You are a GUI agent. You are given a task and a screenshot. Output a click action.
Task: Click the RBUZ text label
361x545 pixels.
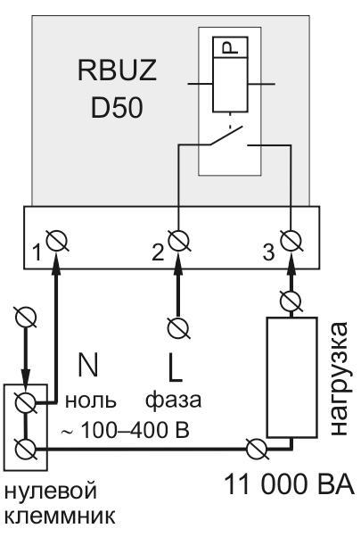pos(117,70)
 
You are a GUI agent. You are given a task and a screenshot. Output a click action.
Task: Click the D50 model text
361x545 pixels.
pos(117,107)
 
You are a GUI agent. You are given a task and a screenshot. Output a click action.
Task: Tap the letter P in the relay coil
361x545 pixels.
pos(230,47)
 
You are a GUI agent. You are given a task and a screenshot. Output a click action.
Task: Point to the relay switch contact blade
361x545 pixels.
pos(226,135)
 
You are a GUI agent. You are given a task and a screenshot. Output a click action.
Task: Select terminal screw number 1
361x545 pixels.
pos(57,241)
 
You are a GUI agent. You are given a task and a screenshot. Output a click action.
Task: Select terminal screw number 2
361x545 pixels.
pos(179,241)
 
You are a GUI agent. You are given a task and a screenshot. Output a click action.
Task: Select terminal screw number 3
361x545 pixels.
pos(291,241)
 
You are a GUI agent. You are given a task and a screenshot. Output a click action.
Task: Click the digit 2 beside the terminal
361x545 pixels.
pos(158,252)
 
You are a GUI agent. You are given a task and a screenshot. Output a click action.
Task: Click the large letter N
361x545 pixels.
pos(88,364)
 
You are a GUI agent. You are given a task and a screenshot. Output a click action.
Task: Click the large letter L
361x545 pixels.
pos(175,367)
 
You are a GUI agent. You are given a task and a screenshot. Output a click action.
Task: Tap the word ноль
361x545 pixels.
pos(90,400)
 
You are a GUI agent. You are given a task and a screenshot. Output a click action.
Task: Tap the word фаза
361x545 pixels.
pos(174,400)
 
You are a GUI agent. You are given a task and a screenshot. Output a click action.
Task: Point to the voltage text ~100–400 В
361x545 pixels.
pos(125,430)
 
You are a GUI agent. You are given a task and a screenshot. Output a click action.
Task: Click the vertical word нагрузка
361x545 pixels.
pos(338,378)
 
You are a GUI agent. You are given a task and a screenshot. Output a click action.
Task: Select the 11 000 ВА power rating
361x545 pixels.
pos(290,483)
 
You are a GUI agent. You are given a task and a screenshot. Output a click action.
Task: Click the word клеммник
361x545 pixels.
pos(61,516)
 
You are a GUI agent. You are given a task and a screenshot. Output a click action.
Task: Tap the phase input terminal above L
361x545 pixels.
pos(178,327)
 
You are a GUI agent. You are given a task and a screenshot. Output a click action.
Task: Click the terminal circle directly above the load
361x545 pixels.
pos(291,301)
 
